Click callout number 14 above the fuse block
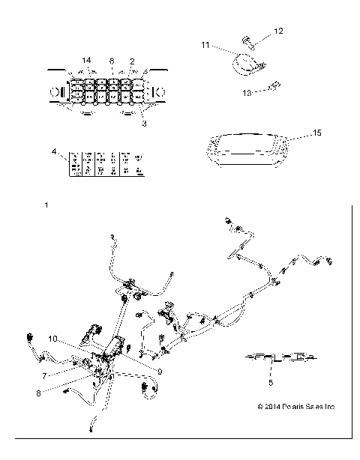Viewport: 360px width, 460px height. tap(87, 59)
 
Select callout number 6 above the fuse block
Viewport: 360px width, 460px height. tap(112, 59)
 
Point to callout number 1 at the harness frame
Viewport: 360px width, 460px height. tap(47, 205)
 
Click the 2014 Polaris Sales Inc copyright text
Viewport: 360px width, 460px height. tap(295, 408)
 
